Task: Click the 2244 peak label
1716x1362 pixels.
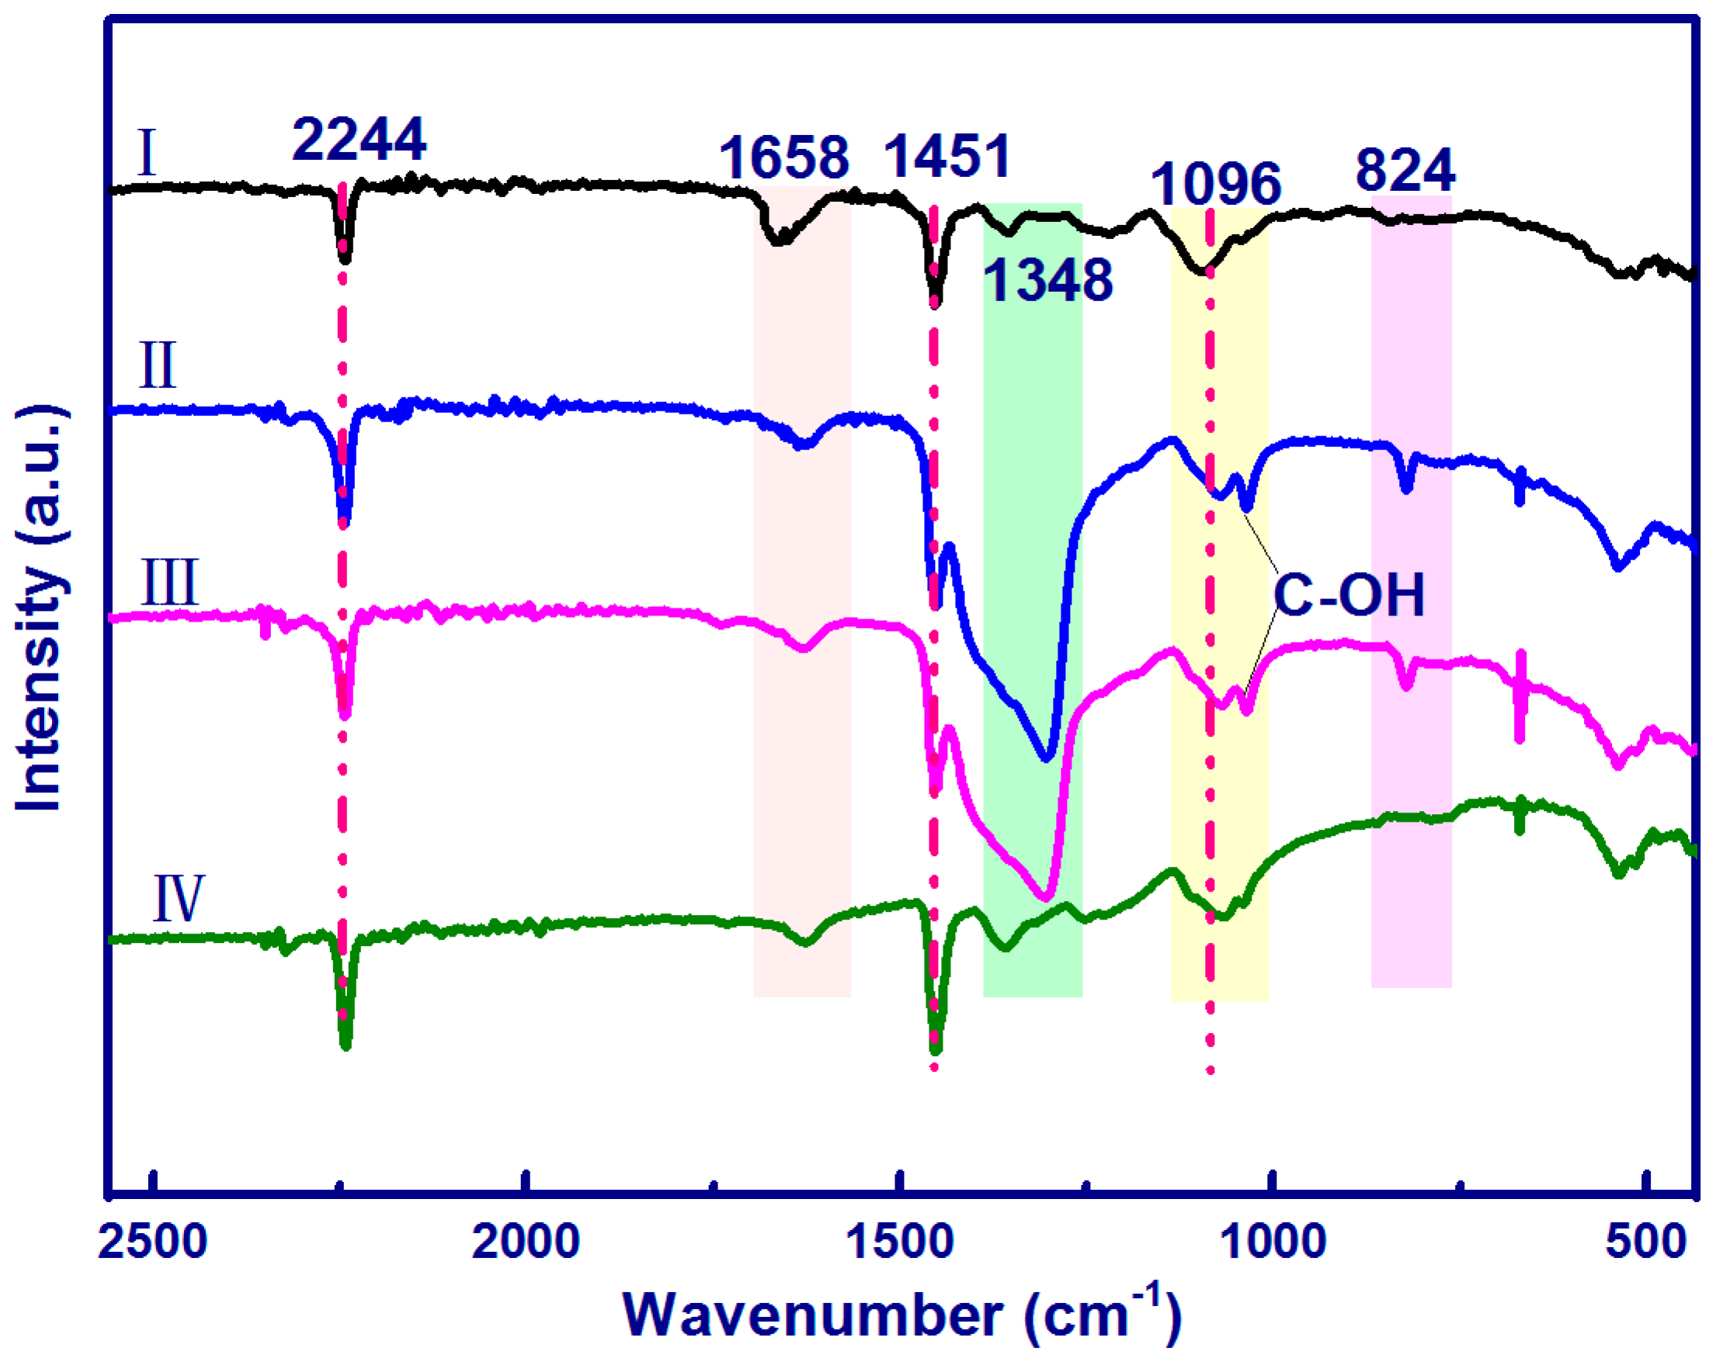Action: point(359,140)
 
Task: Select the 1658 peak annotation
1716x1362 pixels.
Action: point(784,158)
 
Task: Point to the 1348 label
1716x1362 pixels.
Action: point(1047,280)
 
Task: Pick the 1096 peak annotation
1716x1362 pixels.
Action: point(1215,184)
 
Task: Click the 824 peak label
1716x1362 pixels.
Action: point(1405,169)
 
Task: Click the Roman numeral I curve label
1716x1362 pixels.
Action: point(147,153)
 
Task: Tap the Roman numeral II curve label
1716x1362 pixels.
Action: point(158,366)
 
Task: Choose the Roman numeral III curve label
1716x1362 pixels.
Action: point(169,582)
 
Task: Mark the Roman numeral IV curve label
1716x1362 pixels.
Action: point(179,898)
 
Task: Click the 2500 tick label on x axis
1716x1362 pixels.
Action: point(153,1241)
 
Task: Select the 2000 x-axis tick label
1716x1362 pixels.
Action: point(526,1241)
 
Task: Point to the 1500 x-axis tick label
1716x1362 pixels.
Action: point(899,1241)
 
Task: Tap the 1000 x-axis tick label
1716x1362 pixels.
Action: point(1273,1241)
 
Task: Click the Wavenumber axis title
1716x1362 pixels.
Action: point(901,1316)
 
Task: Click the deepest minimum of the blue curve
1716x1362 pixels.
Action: point(1047,757)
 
